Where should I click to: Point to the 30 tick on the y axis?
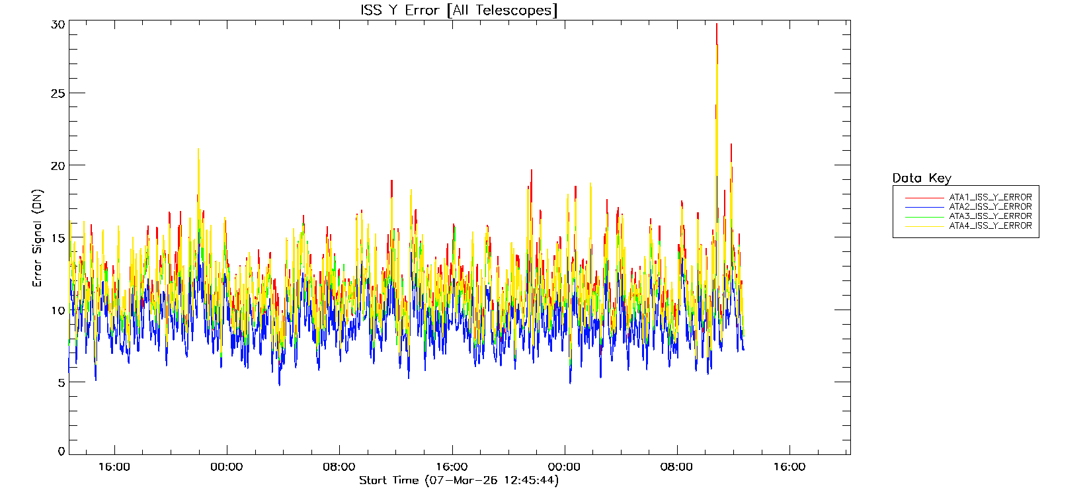click(x=58, y=24)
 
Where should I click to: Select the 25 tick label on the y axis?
click(x=58, y=93)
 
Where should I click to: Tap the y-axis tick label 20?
click(x=58, y=165)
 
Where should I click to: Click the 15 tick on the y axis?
click(x=58, y=237)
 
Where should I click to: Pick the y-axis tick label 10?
click(x=58, y=310)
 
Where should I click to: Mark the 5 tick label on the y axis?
click(x=61, y=382)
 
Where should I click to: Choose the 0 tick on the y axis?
click(x=61, y=452)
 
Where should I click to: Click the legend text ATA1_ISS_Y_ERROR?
click(x=990, y=197)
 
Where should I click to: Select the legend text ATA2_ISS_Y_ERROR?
click(x=990, y=206)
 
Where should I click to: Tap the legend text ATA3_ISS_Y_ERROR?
click(x=990, y=216)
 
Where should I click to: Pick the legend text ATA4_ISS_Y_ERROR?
click(x=990, y=226)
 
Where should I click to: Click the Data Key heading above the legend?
click(x=922, y=178)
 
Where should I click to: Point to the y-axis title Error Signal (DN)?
click(x=38, y=238)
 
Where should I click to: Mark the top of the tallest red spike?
click(x=717, y=24)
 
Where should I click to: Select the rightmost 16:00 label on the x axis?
click(x=789, y=467)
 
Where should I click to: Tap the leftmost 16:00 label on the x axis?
click(x=114, y=467)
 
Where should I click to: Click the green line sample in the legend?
click(x=924, y=216)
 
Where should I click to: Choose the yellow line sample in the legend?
click(x=924, y=226)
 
